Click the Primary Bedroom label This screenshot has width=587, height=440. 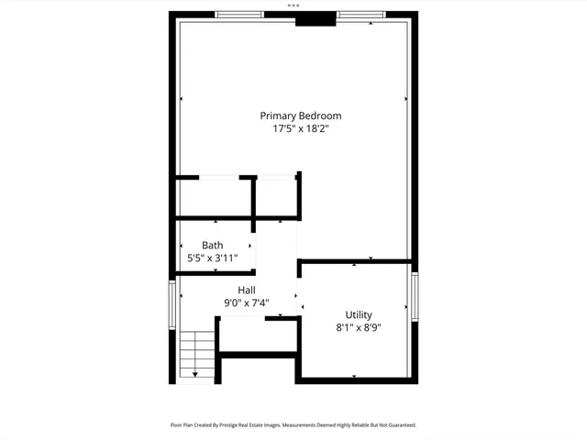pos(300,115)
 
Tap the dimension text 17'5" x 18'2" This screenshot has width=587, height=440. pos(300,129)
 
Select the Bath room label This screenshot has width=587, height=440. pos(213,245)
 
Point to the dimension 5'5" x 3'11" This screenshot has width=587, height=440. pos(213,258)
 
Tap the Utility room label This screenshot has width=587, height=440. pos(359,314)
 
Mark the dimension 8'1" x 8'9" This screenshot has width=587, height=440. pos(359,327)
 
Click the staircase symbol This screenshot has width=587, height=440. pos(196,353)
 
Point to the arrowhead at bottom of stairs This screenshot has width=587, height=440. pos(195,374)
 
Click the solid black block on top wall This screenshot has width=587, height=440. pos(316,19)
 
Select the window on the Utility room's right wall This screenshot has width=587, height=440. pos(415,301)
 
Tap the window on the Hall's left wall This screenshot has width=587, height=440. pos(172,305)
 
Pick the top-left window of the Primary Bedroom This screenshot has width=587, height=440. pos(239,14)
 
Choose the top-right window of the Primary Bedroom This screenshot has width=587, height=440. pos(361,14)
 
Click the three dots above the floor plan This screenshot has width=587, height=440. pos(293,5)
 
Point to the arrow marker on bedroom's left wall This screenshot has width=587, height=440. pos(182,98)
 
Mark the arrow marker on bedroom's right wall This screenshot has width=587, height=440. pos(405,98)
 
